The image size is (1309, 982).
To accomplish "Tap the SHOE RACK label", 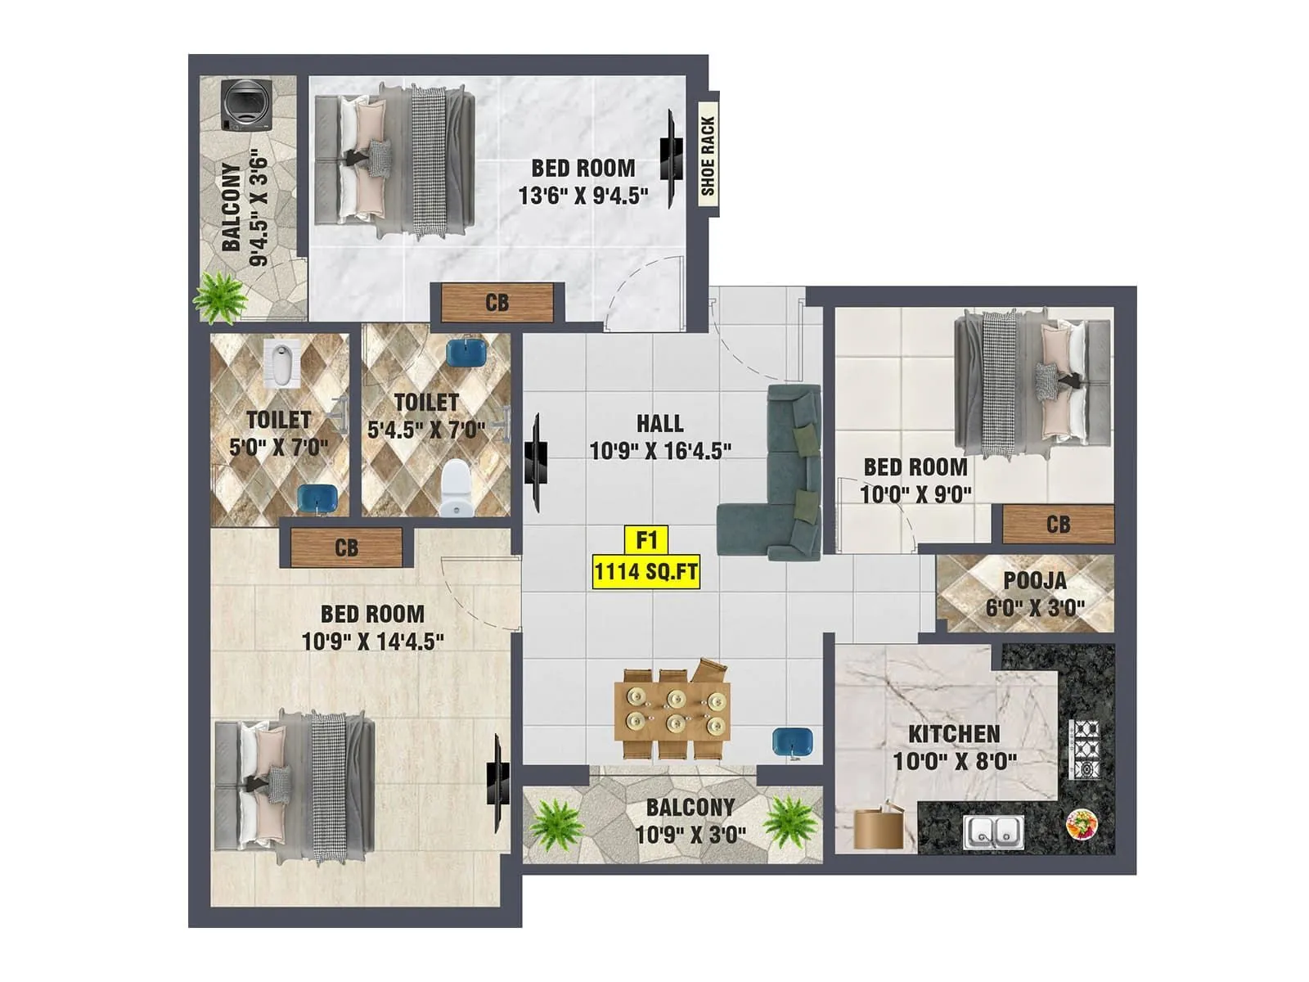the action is pyautogui.click(x=708, y=155).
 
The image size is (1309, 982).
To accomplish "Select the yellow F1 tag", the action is pyautogui.click(x=646, y=539).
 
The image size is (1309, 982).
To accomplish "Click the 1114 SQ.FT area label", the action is pyautogui.click(x=646, y=572).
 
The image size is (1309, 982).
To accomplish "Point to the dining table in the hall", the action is pyautogui.click(x=672, y=712).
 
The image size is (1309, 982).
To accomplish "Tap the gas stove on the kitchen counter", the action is pyautogui.click(x=1085, y=749).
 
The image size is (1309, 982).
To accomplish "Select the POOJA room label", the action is pyautogui.click(x=1035, y=580).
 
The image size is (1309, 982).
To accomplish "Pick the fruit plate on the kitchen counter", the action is pyautogui.click(x=1082, y=825).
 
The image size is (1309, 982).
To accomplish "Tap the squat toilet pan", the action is pyautogui.click(x=281, y=364).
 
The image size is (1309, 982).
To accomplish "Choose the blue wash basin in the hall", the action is pyautogui.click(x=793, y=742).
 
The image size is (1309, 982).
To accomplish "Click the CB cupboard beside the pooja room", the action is pyautogui.click(x=1058, y=525).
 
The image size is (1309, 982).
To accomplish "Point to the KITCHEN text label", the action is pyautogui.click(x=954, y=734).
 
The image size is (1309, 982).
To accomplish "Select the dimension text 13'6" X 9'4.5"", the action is pyautogui.click(x=583, y=196).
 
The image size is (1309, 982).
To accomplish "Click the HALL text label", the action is pyautogui.click(x=659, y=424).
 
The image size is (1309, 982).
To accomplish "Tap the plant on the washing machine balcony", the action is pyautogui.click(x=220, y=298).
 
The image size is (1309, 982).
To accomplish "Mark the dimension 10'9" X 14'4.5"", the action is pyautogui.click(x=373, y=642).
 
